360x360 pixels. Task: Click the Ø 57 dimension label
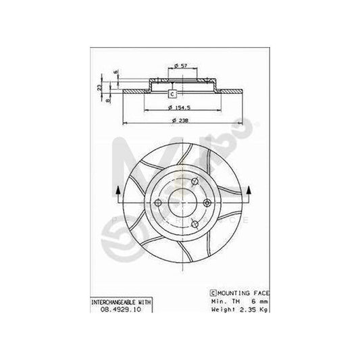pos(180,64)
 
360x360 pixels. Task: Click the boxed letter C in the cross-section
pos(172,93)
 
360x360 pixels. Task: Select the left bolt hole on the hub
pos(157,203)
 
